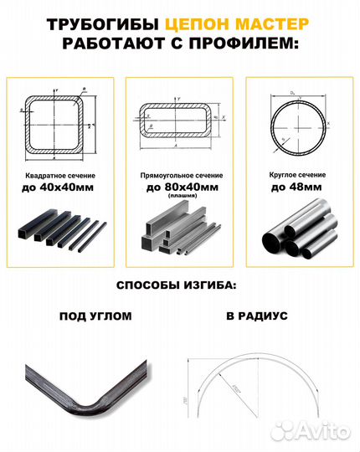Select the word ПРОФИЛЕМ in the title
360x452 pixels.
coord(242,43)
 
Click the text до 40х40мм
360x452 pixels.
coord(60,188)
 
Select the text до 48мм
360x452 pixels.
coord(296,187)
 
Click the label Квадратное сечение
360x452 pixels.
coord(60,176)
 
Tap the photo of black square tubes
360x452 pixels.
coord(60,234)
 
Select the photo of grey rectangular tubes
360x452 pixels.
coord(178,234)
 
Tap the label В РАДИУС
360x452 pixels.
coord(256,317)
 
